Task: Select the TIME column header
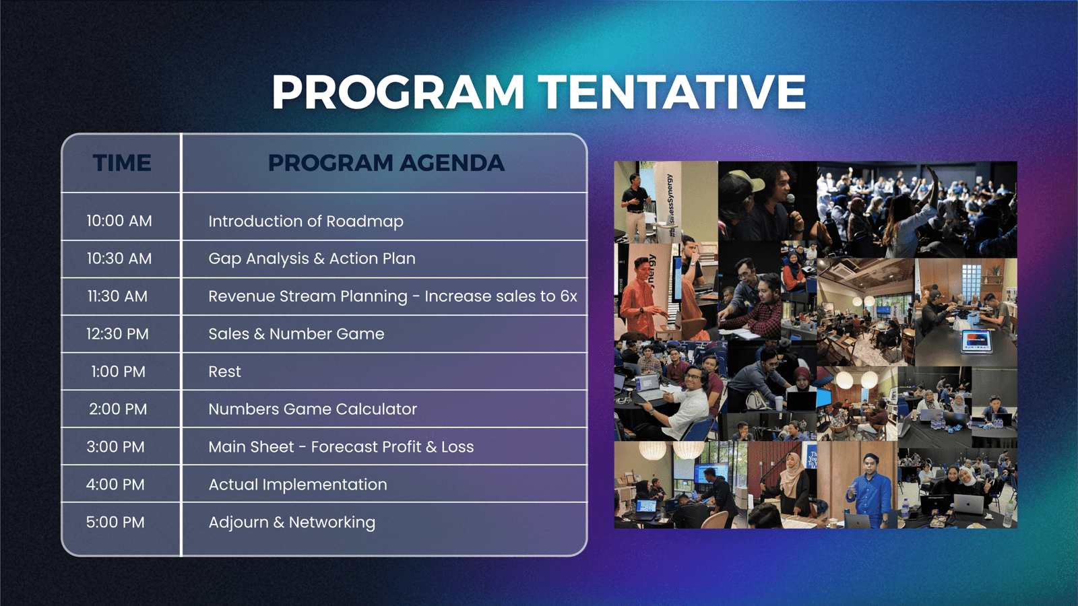[x=122, y=162]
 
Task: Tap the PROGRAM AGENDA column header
[x=386, y=162]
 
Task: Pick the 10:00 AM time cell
[x=119, y=221]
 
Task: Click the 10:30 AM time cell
[x=119, y=259]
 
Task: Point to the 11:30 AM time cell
[x=117, y=296]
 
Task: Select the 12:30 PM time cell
[x=117, y=334]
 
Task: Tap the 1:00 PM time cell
[x=119, y=371]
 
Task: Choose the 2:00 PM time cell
[x=118, y=409]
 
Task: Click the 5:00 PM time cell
[x=115, y=522]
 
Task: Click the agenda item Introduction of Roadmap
[x=306, y=222]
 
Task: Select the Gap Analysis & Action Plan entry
[x=312, y=259]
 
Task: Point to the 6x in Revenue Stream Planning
[x=569, y=296]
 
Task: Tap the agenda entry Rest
[x=225, y=371]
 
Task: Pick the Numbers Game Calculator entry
[x=313, y=409]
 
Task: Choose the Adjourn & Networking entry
[x=292, y=523]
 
